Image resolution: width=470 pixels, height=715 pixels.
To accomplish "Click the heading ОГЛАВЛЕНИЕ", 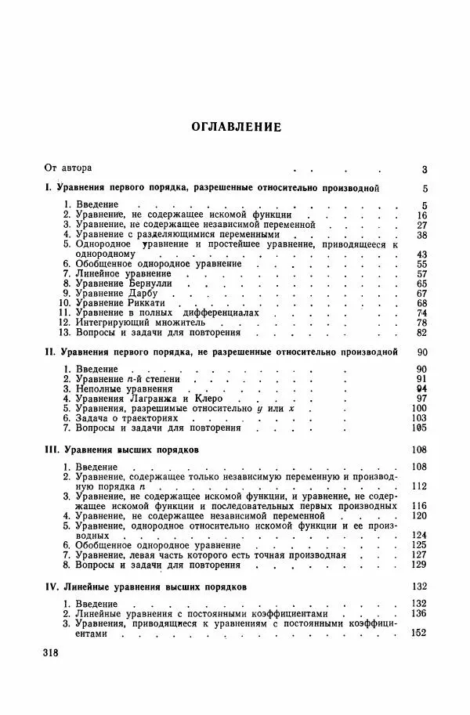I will coord(235,127).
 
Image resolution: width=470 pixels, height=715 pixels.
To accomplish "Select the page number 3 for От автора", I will coord(424,168).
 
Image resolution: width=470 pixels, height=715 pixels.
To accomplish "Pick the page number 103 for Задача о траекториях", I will coord(418,418).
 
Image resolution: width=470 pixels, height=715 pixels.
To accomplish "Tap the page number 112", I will coord(418,486).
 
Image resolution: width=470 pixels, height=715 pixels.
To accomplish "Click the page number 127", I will coord(418,554).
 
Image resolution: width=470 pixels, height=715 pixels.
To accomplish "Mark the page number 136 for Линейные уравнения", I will coord(418,613).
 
